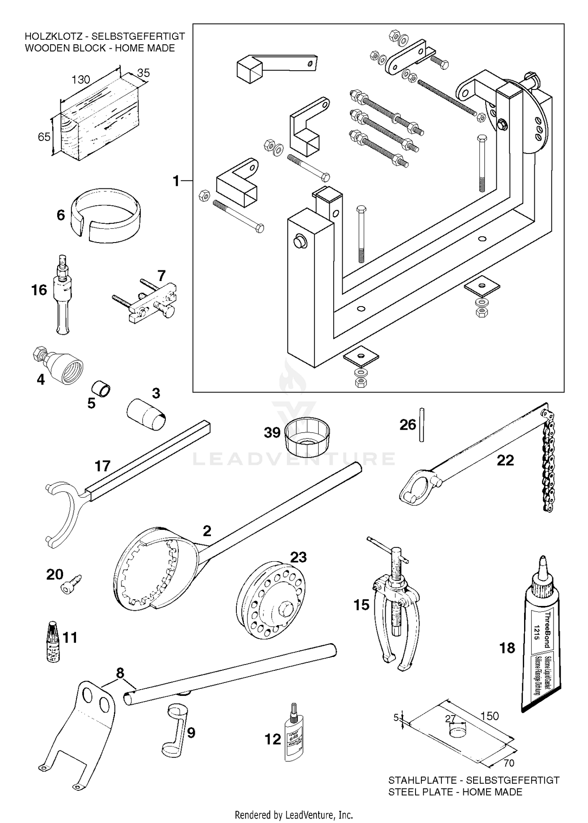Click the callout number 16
[x=39, y=290]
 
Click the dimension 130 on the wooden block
[x=81, y=79]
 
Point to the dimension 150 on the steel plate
[x=490, y=716]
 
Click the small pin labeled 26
[x=421, y=425]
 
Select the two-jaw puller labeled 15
[x=396, y=604]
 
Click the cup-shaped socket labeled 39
[x=307, y=436]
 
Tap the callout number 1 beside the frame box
[x=176, y=181]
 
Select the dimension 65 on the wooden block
[x=44, y=137]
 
